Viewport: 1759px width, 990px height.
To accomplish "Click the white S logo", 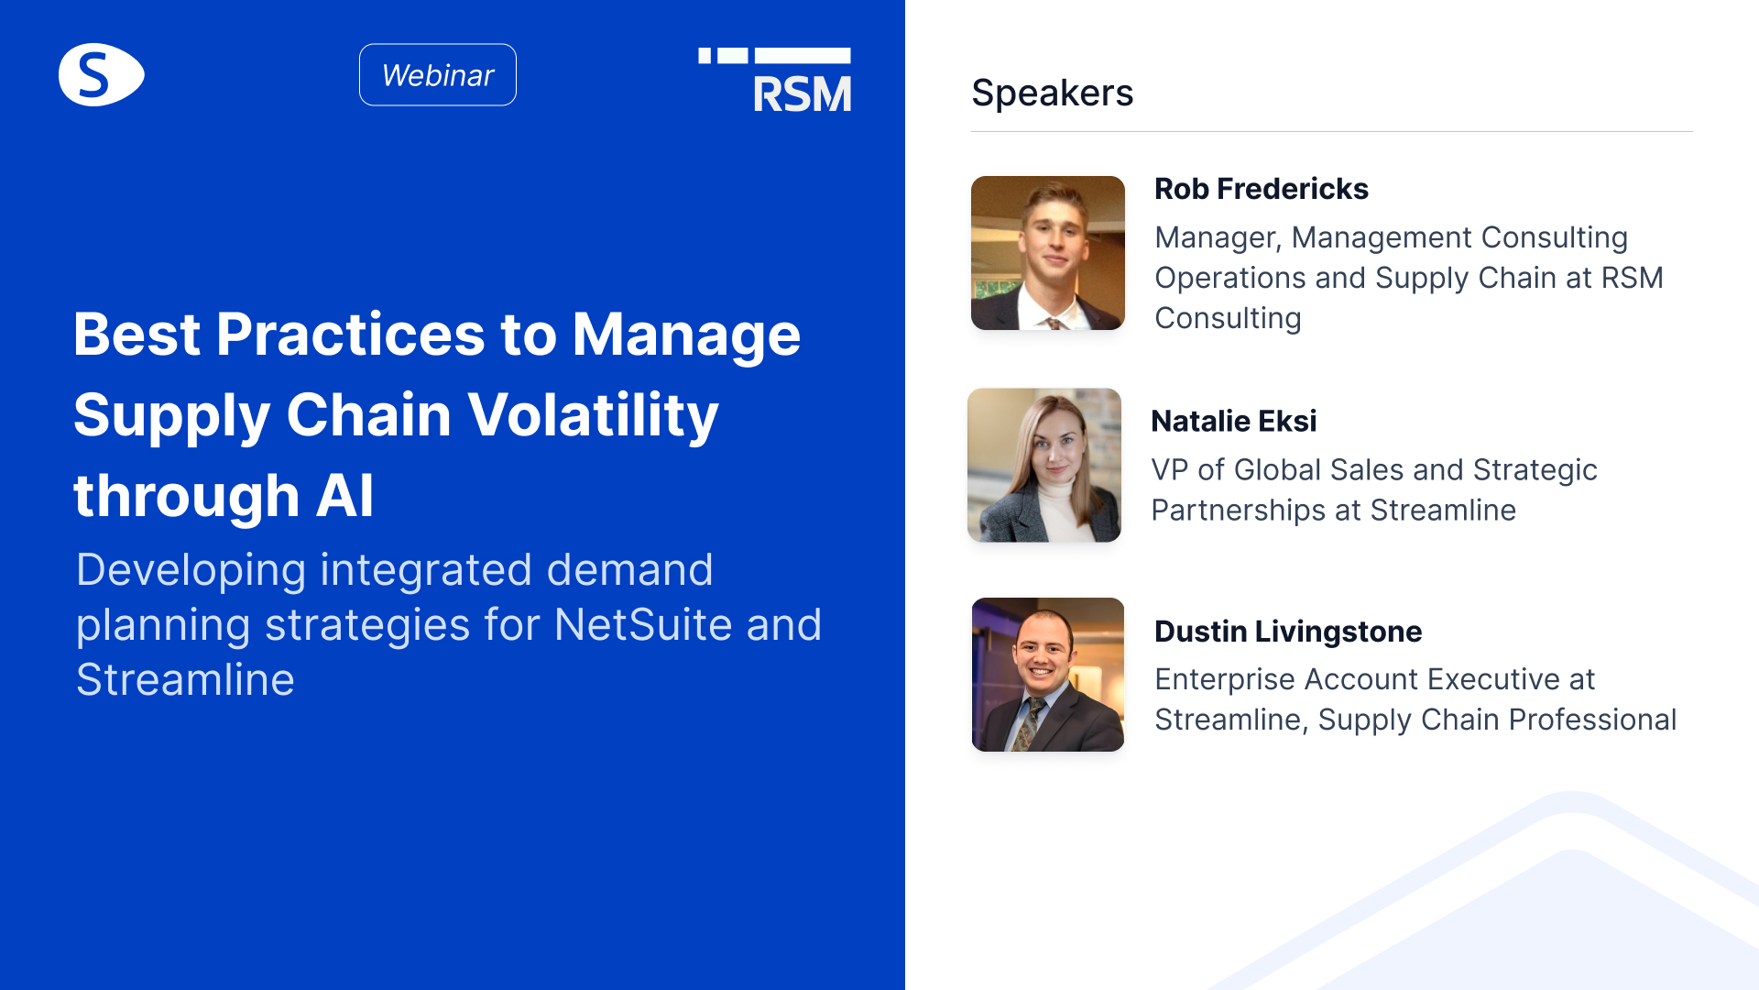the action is click(101, 74).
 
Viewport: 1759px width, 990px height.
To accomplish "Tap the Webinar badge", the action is click(438, 74).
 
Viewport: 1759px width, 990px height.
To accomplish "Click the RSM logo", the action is click(775, 80).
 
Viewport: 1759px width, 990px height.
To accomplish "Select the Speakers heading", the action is click(1052, 93).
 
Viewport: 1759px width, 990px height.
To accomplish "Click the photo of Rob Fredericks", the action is click(1048, 253).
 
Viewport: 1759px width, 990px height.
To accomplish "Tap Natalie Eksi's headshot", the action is click(1044, 465).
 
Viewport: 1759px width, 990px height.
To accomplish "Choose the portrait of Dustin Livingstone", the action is click(1048, 675).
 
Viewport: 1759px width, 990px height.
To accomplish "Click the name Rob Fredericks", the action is click(1261, 189).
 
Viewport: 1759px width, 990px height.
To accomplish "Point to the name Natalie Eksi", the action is click(1233, 421).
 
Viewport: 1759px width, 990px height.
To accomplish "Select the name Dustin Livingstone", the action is click(1288, 632).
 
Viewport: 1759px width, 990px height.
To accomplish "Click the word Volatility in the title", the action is click(594, 415).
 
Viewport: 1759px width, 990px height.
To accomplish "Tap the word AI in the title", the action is click(345, 496).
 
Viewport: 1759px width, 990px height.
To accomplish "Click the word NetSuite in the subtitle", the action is click(643, 625).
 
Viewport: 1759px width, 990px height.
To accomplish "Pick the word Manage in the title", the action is click(686, 335).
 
